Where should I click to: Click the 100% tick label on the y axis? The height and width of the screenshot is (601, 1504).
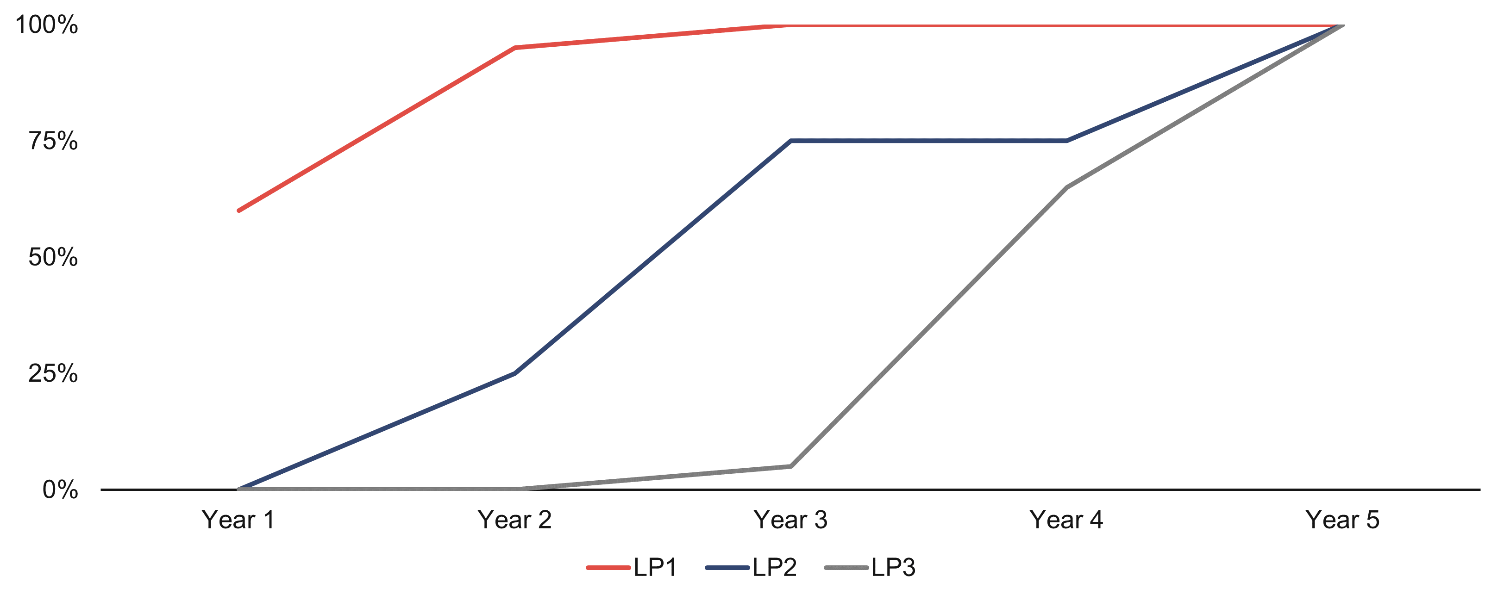(47, 25)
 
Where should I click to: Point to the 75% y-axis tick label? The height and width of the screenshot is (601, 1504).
(53, 141)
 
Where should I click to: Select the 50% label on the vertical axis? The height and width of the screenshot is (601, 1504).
(53, 257)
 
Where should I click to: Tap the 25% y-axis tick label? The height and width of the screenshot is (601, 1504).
(53, 373)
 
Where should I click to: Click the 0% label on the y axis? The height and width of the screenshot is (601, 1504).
(60, 489)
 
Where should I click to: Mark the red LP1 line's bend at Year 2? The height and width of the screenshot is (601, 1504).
(514, 48)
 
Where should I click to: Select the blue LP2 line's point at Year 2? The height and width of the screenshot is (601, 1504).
(514, 373)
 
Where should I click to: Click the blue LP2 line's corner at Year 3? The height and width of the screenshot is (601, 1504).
(790, 141)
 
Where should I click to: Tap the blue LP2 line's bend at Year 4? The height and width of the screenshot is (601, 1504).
(1067, 141)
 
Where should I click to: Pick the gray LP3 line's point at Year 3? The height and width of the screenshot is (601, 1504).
(790, 466)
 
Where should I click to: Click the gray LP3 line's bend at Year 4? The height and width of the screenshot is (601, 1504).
(1067, 187)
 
